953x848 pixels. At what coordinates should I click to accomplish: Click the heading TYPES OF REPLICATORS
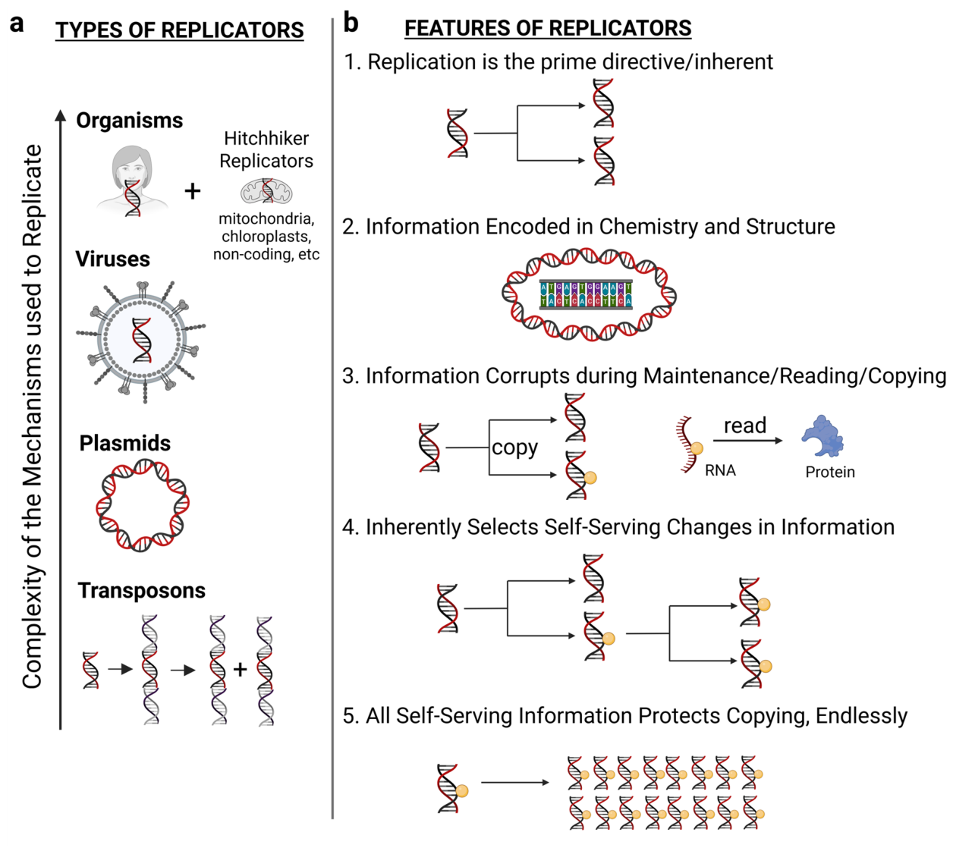tap(180, 30)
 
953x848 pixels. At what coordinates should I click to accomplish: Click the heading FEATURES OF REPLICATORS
tap(548, 28)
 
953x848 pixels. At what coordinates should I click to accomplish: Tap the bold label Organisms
tap(129, 121)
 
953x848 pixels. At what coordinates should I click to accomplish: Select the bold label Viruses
tap(113, 259)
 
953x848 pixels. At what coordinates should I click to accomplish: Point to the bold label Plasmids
tap(124, 443)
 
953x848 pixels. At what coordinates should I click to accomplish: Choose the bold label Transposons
tap(142, 591)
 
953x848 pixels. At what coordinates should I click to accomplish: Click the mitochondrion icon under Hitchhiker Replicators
tap(267, 191)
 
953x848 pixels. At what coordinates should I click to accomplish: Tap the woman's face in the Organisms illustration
tap(132, 168)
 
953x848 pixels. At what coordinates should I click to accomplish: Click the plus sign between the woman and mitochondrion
tap(193, 191)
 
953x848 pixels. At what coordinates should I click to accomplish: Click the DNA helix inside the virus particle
tap(142, 340)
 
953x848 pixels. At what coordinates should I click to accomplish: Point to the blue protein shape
tap(822, 436)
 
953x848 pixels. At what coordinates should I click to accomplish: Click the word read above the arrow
tap(745, 426)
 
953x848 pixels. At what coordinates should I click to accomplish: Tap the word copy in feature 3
tap(514, 448)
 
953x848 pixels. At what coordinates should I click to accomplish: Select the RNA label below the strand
tap(720, 470)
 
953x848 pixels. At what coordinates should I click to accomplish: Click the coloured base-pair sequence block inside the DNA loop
tap(586, 295)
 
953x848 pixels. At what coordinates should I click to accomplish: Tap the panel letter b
tap(351, 23)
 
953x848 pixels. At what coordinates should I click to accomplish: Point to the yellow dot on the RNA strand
tap(697, 448)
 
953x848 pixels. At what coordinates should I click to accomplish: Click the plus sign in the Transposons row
tap(240, 669)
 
